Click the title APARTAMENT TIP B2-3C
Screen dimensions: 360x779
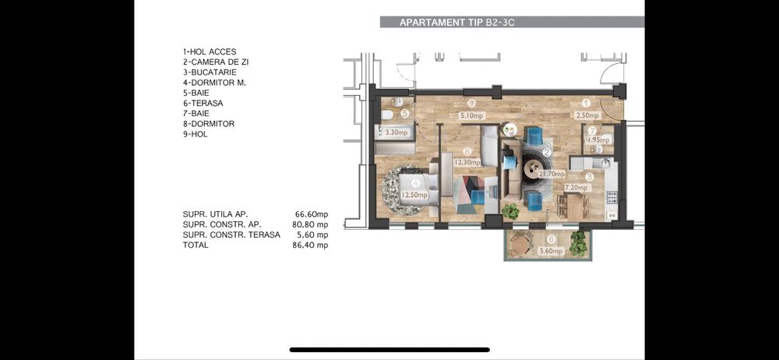(x=457, y=23)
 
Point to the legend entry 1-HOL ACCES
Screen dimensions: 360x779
(x=209, y=51)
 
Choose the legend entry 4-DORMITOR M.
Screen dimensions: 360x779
(x=214, y=83)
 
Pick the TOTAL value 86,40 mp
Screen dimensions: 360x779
(x=312, y=245)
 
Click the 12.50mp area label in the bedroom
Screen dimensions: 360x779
(x=414, y=195)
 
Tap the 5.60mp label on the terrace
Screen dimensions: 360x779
(x=550, y=252)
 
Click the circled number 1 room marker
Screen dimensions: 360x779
(x=587, y=103)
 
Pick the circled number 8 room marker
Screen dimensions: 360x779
(x=466, y=151)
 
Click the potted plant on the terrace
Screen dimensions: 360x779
(x=577, y=243)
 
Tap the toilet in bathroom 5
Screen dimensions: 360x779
(x=387, y=115)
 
